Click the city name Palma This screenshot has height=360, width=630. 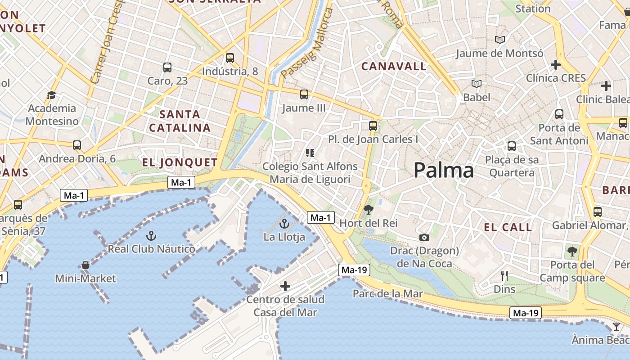[x=443, y=171]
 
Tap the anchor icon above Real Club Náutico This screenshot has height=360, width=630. [x=151, y=235]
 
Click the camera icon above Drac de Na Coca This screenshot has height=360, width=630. [x=424, y=237]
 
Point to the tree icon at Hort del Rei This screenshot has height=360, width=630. [x=368, y=209]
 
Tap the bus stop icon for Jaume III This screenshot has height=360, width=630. [x=304, y=94]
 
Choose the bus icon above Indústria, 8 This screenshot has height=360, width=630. [x=230, y=58]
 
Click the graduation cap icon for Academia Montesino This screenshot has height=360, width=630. [x=51, y=95]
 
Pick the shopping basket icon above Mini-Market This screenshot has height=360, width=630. [x=85, y=265]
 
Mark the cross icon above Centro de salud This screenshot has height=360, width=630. [x=285, y=286]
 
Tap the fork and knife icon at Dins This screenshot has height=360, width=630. [x=504, y=276]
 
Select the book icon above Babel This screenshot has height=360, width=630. [x=477, y=84]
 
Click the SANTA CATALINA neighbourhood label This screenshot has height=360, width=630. [x=180, y=121]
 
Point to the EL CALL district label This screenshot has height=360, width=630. [x=508, y=227]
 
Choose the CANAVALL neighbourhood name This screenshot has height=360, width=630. [x=394, y=66]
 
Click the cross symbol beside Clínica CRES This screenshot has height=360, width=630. [x=556, y=65]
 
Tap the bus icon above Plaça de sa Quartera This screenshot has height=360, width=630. [x=512, y=146]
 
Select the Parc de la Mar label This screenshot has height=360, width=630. [x=388, y=294]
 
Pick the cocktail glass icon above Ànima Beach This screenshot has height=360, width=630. [x=616, y=326]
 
